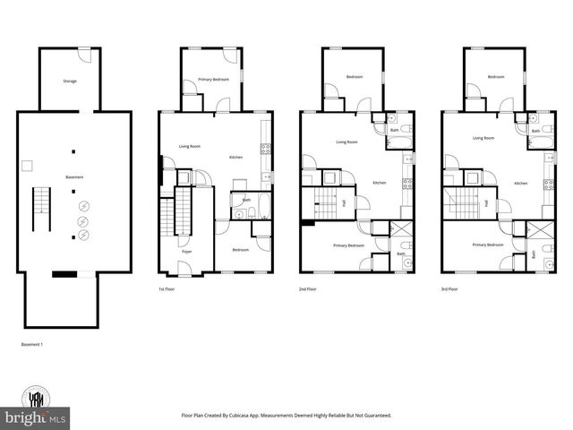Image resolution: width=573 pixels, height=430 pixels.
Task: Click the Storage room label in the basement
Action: [69, 82]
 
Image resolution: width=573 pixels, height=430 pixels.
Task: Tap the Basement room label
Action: [74, 177]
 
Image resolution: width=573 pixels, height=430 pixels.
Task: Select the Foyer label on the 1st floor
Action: [187, 253]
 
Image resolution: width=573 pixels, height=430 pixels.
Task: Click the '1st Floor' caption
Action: [167, 290]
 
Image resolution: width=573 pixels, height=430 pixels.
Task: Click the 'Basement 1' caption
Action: [33, 344]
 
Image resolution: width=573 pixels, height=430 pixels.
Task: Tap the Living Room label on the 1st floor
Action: [189, 145]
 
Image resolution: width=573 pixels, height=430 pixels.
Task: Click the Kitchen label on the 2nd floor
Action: [380, 183]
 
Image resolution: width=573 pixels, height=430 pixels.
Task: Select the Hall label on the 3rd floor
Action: [486, 203]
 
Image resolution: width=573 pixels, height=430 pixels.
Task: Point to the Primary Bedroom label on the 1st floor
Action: [213, 80]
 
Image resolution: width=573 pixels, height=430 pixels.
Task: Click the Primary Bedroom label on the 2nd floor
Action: [348, 245]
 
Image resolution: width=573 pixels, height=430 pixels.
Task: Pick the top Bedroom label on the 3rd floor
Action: [496, 77]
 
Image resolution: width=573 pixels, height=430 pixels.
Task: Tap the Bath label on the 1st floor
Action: [246, 200]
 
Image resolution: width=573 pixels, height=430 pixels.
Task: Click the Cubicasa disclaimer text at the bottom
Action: [286, 416]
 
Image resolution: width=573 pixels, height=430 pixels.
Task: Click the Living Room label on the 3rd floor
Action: [483, 138]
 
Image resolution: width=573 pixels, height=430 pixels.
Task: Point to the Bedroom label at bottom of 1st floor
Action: [241, 250]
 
